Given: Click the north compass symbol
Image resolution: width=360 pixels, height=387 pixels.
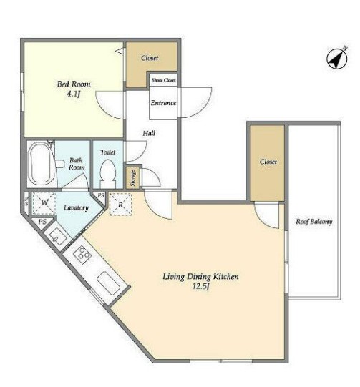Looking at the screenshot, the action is (x=337, y=59).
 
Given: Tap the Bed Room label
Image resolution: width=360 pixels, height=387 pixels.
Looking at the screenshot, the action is (x=74, y=84).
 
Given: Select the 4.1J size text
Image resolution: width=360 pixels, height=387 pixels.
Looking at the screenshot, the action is (x=74, y=94).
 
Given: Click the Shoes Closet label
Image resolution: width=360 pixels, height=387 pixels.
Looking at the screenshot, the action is (x=163, y=80).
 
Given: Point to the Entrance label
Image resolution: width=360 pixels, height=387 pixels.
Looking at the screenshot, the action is (x=163, y=103).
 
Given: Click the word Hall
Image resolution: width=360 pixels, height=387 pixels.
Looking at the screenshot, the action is (x=149, y=133).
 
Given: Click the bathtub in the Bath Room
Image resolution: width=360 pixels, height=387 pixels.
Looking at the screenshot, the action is (x=41, y=163).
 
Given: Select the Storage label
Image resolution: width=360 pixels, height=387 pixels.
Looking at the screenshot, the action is (x=133, y=178).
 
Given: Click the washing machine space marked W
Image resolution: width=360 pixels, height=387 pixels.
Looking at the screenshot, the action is (x=44, y=203).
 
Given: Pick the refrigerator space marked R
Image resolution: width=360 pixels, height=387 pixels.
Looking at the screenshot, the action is (x=120, y=205).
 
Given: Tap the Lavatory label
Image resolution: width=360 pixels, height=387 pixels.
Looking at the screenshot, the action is (x=76, y=208).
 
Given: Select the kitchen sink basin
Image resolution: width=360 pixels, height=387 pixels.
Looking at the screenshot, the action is (x=108, y=283).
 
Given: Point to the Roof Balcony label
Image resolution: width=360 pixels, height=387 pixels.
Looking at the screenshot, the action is (x=313, y=222).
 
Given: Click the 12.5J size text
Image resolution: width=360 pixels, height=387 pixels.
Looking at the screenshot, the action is (x=200, y=287).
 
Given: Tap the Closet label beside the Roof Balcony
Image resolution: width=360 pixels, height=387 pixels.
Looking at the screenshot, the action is (x=268, y=162).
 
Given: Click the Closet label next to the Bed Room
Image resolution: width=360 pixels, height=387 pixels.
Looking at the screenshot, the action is (x=150, y=58).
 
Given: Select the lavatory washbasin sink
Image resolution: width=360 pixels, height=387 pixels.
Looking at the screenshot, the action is (x=58, y=237).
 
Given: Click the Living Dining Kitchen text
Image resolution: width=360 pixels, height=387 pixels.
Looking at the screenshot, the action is (x=200, y=276).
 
